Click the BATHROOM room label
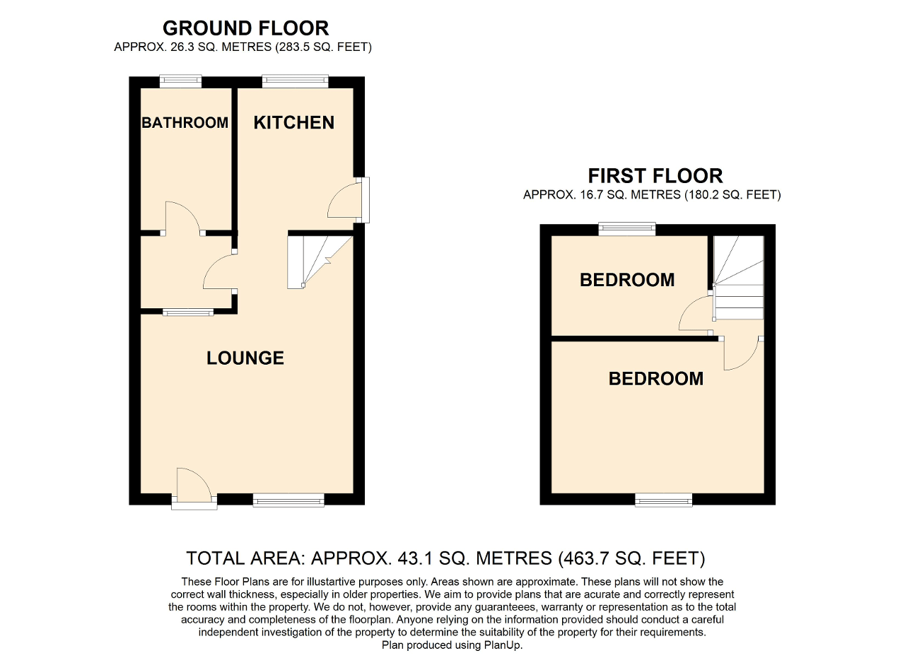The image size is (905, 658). pyautogui.click(x=185, y=122)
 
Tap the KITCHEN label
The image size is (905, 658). pyautogui.click(x=293, y=122)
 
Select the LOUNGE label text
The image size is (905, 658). pyautogui.click(x=245, y=358)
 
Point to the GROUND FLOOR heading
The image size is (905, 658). pyautogui.click(x=245, y=28)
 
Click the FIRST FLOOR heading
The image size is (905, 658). pyautogui.click(x=655, y=175)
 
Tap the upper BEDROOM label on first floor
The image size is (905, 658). pyautogui.click(x=626, y=280)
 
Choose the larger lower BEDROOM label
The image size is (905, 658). pyautogui.click(x=655, y=379)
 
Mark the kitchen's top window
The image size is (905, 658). pyautogui.click(x=295, y=81)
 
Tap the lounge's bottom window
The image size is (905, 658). pyautogui.click(x=288, y=500)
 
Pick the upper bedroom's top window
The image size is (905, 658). pyautogui.click(x=626, y=228)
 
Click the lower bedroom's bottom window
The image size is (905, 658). pyautogui.click(x=663, y=500)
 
